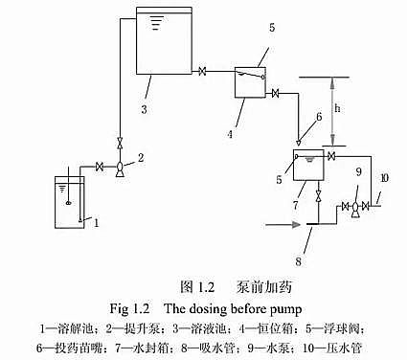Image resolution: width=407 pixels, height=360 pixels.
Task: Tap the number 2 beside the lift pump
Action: coord(140,156)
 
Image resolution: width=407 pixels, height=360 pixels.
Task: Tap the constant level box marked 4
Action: coord(250,81)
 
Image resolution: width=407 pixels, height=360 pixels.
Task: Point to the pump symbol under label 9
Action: coord(356,207)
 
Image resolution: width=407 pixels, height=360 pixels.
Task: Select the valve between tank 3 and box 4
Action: coord(203,71)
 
